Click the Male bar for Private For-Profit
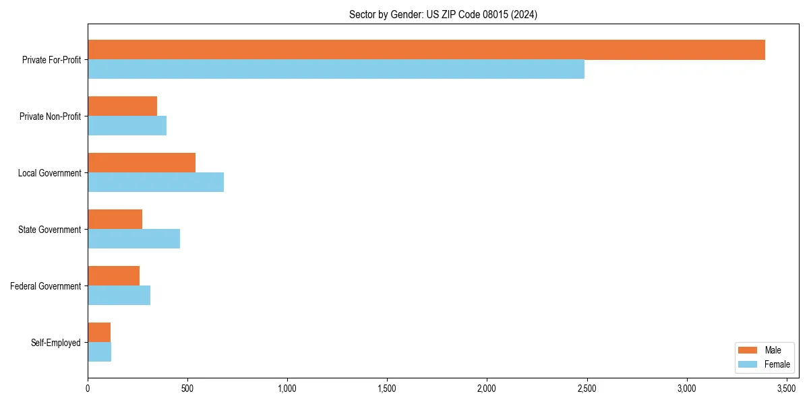point(426,50)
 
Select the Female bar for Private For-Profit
point(336,69)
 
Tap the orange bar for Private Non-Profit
point(122,106)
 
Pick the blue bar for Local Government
point(156,182)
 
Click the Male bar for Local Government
point(142,163)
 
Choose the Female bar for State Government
point(133,239)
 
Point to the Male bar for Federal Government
point(113,276)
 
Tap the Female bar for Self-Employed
point(99,352)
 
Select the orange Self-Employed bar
point(99,333)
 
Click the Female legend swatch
point(748,364)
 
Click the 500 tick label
point(187,389)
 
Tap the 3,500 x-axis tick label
point(786,389)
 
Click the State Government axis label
point(49,230)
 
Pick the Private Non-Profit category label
point(50,116)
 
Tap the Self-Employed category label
point(55,343)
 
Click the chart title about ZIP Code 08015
point(443,14)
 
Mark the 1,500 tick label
point(387,389)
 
